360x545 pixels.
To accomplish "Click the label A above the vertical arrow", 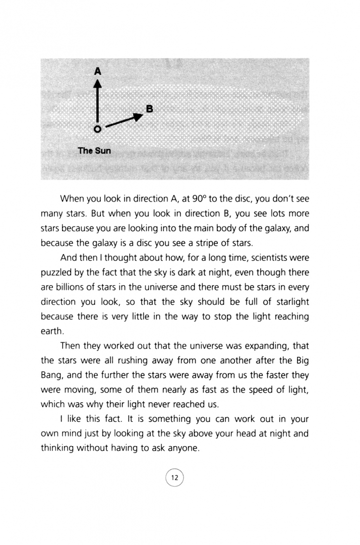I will click(98, 71).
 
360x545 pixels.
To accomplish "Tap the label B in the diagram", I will click(149, 108).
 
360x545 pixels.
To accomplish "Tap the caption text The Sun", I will click(94, 150).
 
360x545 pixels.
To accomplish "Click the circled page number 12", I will click(175, 477).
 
